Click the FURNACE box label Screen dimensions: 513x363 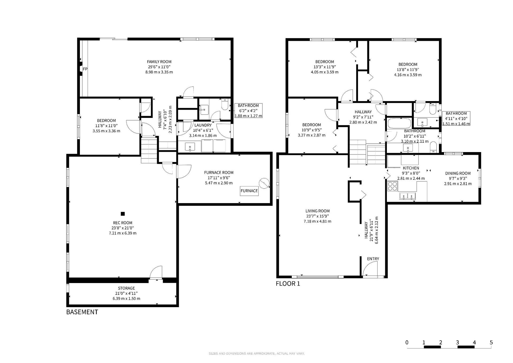pos(249,191)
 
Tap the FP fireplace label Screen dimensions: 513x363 pos(85,69)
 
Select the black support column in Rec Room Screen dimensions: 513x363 pos(123,214)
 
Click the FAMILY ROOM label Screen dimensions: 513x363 pos(159,62)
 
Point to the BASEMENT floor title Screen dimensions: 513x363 pos(82,312)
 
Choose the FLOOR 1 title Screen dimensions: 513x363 pos(288,284)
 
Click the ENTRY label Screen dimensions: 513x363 pos(373,259)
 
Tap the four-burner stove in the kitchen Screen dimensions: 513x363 pos(392,186)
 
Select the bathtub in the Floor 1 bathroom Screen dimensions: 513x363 pos(399,124)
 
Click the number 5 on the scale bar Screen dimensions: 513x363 pos(491,342)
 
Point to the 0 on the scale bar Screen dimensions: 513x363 pos(407,342)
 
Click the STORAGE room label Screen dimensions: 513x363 pos(126,288)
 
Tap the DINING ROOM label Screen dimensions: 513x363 pos(458,173)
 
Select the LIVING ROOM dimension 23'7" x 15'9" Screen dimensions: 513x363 pos(317,216)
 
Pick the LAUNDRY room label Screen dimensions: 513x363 pos(203,125)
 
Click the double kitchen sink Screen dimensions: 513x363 pos(408,196)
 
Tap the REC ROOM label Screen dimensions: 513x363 pos(123,223)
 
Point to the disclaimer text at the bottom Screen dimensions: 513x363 pos(256,354)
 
